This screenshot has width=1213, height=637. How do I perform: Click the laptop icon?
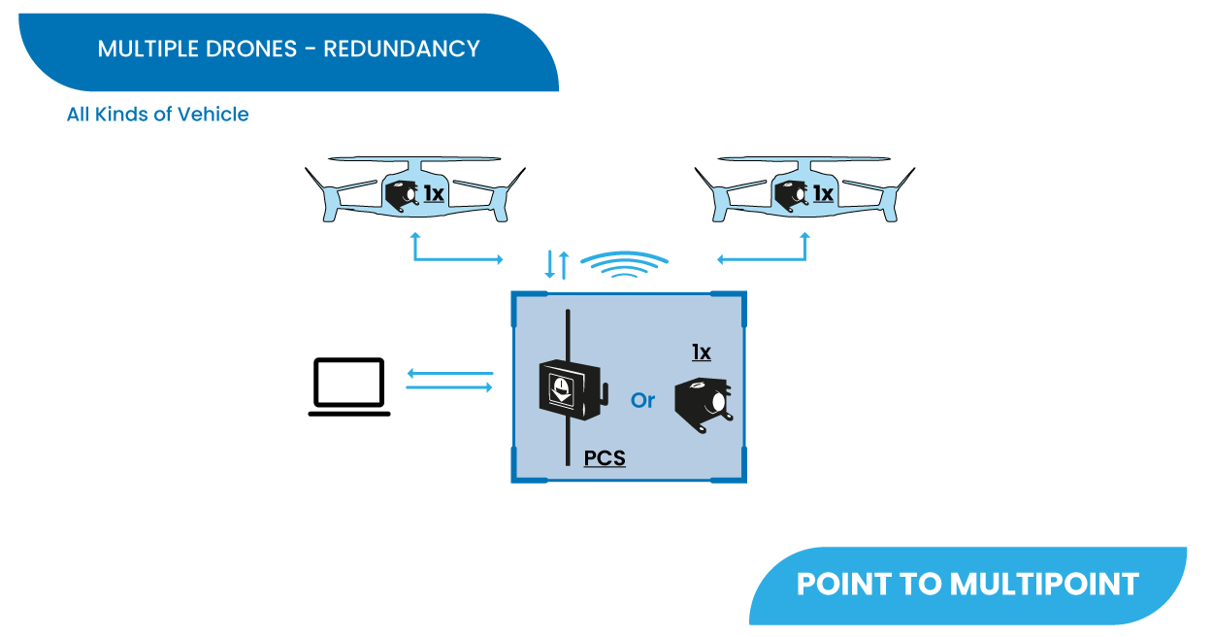point(349,386)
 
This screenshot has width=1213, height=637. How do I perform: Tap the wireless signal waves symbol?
point(630,265)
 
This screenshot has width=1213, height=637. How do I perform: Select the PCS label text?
point(605,457)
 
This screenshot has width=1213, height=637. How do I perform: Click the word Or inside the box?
point(643,400)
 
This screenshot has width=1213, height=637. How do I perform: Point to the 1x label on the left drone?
point(434,194)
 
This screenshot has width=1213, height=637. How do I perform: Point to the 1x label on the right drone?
point(823,194)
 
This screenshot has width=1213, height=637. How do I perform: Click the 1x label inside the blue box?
point(701,352)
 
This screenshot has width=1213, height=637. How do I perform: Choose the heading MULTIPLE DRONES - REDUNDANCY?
point(289,49)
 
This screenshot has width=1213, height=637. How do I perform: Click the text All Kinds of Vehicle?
point(158,115)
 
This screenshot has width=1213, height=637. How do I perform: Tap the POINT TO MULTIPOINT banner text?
point(967,584)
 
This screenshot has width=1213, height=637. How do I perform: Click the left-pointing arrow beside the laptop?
point(450,373)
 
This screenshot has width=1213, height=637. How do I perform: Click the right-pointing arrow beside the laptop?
point(450,388)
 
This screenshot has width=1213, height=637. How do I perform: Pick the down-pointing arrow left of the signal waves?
point(549,264)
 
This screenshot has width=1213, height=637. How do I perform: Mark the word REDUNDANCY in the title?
point(402,49)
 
